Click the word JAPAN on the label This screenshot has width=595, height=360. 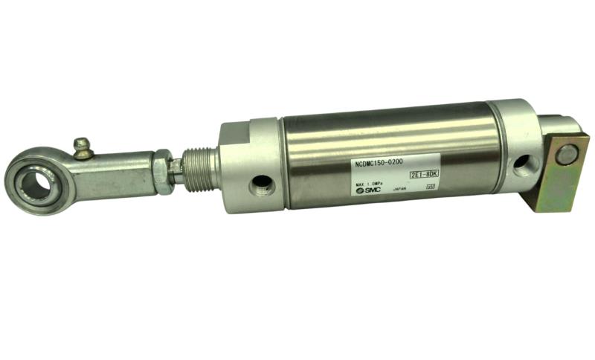(399, 189)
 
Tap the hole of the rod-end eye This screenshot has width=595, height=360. (33, 179)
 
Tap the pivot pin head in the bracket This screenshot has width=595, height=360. (567, 155)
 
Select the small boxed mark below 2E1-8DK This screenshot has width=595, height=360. (430, 187)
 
